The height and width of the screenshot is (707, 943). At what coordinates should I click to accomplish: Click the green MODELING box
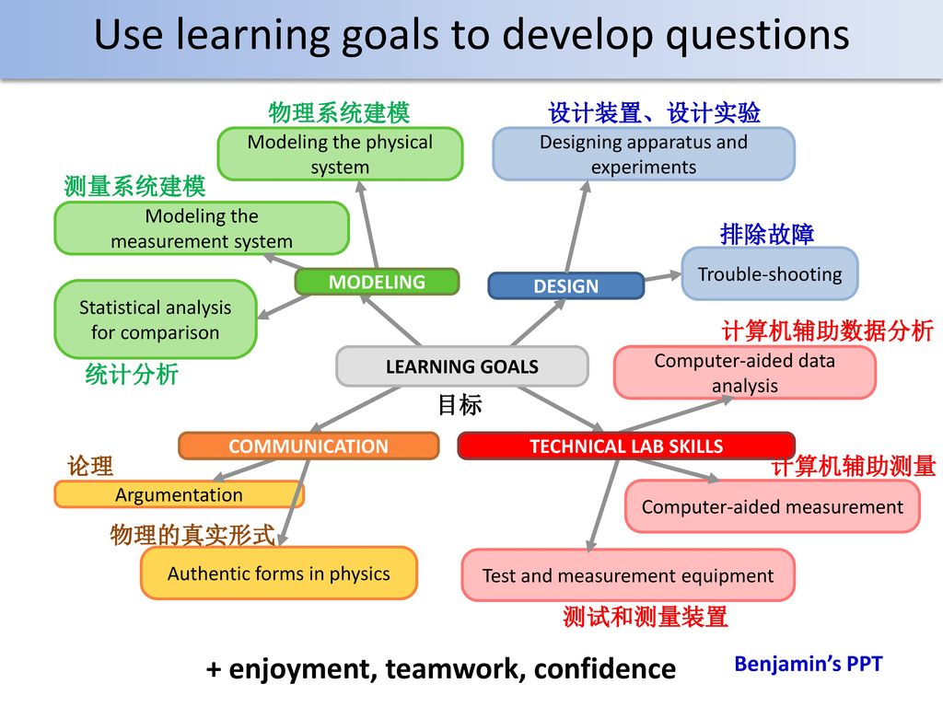coord(377,282)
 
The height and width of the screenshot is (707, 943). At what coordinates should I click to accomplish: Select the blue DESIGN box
coord(566,285)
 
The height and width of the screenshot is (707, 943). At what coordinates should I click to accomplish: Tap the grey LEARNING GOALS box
coord(462,366)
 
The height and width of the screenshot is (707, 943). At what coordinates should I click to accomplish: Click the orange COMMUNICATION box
coord(309,446)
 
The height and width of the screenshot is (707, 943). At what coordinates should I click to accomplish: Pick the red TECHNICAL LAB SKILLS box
coord(626,446)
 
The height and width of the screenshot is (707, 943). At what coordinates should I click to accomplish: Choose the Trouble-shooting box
coord(770,273)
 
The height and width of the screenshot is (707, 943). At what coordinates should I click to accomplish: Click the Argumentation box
coord(180,494)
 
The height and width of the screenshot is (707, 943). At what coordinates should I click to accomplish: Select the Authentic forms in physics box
coord(278,573)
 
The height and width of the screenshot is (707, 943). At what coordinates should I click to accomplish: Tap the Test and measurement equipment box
coord(628,575)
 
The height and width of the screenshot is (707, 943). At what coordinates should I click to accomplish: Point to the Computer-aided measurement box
coord(773,506)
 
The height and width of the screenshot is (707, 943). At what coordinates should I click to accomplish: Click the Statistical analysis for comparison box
coord(155,319)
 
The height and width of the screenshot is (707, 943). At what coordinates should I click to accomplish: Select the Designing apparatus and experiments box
coord(644,154)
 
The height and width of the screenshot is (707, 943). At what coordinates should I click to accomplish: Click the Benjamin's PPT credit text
coord(809,664)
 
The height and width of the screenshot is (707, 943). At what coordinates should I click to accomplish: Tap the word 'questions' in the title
coord(758,35)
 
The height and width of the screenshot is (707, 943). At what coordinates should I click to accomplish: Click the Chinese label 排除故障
coord(767,234)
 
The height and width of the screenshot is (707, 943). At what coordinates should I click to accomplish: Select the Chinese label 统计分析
coord(132,374)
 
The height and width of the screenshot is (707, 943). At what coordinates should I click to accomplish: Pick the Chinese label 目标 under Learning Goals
coord(460,405)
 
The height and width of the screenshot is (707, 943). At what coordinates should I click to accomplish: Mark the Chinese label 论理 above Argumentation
coord(90,466)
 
